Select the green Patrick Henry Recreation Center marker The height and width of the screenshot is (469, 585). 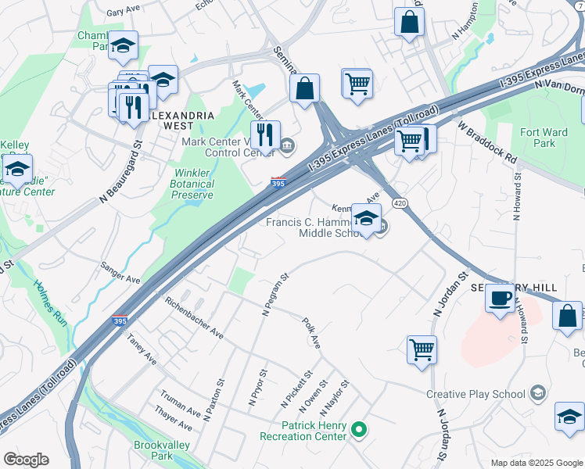(x=359, y=428)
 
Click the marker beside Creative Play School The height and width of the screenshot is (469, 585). (x=537, y=392)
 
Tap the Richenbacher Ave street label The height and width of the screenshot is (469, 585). (x=194, y=317)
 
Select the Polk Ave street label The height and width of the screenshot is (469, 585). (x=311, y=333)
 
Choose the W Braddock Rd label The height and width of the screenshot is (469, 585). (x=488, y=141)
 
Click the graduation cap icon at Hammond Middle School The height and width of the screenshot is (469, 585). (x=366, y=218)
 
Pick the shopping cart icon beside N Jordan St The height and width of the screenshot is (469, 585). (x=422, y=349)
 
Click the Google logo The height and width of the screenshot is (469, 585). (x=26, y=460)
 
